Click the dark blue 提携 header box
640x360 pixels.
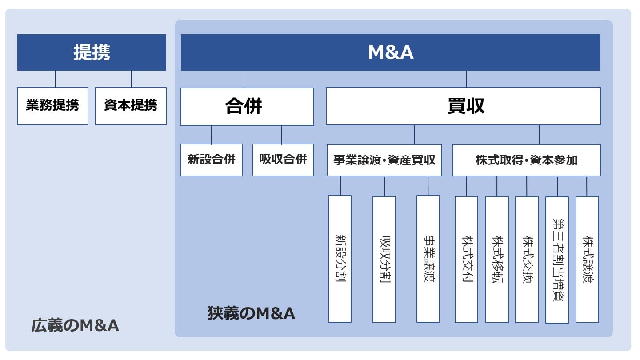[x=92, y=52]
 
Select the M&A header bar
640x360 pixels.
[x=390, y=52]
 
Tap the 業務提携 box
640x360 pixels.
[x=52, y=106]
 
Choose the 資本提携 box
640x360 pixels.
[x=131, y=106]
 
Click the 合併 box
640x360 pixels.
[x=247, y=106]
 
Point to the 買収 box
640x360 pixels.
[x=463, y=106]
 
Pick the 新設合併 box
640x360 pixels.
[x=212, y=160]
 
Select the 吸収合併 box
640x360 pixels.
[x=283, y=160]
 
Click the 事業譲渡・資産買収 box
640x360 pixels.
[x=384, y=160]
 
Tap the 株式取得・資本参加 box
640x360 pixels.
[x=526, y=160]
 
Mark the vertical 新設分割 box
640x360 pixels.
[x=340, y=259]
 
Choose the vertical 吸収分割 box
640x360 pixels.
[x=384, y=259]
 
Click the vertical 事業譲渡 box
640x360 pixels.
[x=428, y=259]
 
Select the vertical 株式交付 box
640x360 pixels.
[x=466, y=259]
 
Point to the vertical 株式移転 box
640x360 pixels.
[x=497, y=259]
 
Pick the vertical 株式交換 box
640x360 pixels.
[x=527, y=259]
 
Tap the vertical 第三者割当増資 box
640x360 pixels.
[x=557, y=260]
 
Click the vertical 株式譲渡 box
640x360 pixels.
[x=587, y=259]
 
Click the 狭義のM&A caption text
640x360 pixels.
[x=251, y=313]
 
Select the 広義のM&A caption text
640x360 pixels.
[x=75, y=326]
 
